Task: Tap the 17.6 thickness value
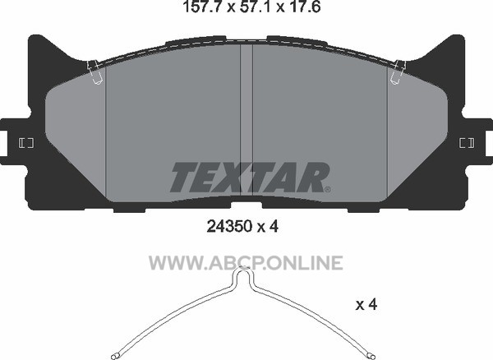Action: point(303,7)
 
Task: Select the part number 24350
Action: point(230,226)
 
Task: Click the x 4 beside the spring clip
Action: point(366,304)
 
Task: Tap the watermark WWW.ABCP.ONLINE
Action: point(246,263)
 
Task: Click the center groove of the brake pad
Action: point(246,121)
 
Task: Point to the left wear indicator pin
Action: point(94,72)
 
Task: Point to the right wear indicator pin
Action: point(398,72)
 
